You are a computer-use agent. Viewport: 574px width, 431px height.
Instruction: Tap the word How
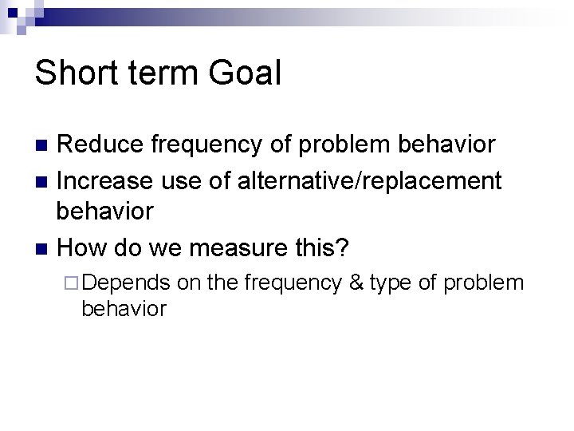pos(82,247)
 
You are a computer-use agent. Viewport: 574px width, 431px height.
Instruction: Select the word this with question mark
pos(320,247)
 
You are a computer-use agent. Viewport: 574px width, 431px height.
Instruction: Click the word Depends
pos(126,283)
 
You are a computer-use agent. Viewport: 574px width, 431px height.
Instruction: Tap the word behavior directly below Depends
pos(124,308)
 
